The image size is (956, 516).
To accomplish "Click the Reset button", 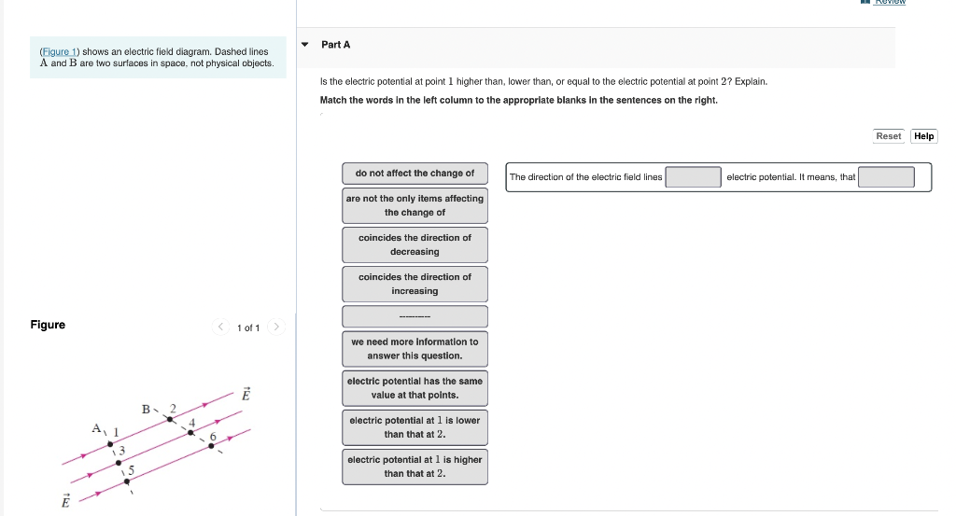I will tap(888, 136).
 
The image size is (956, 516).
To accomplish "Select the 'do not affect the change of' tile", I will tap(415, 174).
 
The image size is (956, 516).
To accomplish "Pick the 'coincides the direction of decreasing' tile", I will tap(415, 244).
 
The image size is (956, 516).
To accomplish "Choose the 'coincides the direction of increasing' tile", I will tap(415, 284).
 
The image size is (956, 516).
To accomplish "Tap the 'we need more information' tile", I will tap(415, 349).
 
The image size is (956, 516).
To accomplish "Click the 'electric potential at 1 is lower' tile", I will tap(415, 427).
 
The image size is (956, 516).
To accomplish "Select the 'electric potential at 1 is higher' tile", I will tap(415, 467).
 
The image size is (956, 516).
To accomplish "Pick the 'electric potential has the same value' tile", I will tap(415, 388).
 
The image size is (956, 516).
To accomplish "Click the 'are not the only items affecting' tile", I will tap(415, 205).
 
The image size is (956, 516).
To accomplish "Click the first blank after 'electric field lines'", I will tap(693, 177).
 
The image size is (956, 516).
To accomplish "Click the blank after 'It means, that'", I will tap(886, 177).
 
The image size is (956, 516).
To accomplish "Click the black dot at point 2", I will tap(169, 419).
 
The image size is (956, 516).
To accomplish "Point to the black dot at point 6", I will tap(212, 446).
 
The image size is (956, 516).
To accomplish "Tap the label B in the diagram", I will tap(146, 409).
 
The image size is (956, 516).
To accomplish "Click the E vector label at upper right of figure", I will tap(246, 395).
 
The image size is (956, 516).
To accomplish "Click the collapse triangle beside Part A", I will tap(305, 45).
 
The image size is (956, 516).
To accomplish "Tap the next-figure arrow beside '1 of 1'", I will tap(276, 328).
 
